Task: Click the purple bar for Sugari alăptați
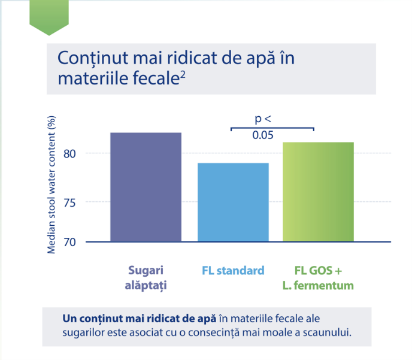pyautogui.click(x=146, y=187)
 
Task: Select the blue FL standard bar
pyautogui.click(x=233, y=202)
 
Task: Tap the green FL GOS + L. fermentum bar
pyautogui.click(x=318, y=192)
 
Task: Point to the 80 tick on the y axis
pyautogui.click(x=69, y=154)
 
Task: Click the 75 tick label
pyautogui.click(x=69, y=203)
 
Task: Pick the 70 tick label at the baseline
pyautogui.click(x=69, y=242)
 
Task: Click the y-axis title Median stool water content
pyautogui.click(x=51, y=184)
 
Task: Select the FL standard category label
pyautogui.click(x=233, y=271)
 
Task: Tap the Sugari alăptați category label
pyautogui.click(x=146, y=278)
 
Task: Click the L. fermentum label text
pyautogui.click(x=318, y=286)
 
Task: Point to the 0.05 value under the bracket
pyautogui.click(x=263, y=135)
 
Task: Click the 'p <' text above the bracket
pyautogui.click(x=263, y=119)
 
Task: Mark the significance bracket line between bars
pyautogui.click(x=272, y=128)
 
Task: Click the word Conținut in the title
pyautogui.click(x=92, y=58)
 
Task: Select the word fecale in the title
pyautogui.click(x=156, y=78)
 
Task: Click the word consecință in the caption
pyautogui.click(x=214, y=332)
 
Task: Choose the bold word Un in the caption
pyautogui.click(x=69, y=319)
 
